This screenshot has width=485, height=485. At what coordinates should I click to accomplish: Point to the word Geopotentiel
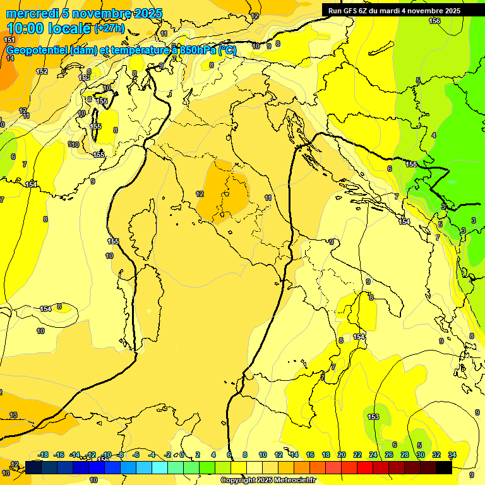(x=37, y=51)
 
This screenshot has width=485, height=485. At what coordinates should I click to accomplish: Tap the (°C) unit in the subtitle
(x=227, y=51)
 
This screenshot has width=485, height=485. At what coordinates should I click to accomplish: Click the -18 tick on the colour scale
(x=43, y=455)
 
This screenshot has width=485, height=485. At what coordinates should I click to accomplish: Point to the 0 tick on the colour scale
(x=182, y=455)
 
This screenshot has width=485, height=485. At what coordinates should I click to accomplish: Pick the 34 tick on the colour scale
(x=452, y=455)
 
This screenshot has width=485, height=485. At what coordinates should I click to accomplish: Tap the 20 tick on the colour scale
(x=342, y=455)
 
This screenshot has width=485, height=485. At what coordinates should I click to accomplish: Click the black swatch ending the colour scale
(x=444, y=467)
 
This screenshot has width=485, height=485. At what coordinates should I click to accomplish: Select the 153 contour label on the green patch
(x=373, y=417)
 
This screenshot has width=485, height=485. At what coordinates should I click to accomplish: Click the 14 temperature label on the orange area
(x=10, y=58)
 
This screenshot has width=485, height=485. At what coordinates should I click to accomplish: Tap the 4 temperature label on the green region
(x=434, y=135)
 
